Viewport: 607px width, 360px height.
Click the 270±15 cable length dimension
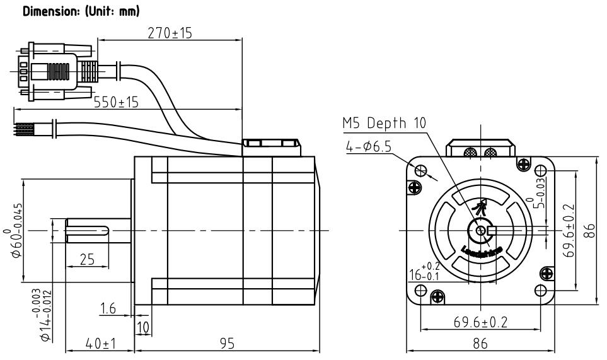click(x=170, y=33)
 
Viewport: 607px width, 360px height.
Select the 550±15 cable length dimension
click(x=117, y=102)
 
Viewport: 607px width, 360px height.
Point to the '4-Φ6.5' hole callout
click(x=369, y=146)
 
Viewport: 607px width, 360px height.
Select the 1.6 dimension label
click(x=108, y=308)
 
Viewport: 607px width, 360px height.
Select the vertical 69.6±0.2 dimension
click(x=570, y=230)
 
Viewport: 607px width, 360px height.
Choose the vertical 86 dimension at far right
click(x=591, y=230)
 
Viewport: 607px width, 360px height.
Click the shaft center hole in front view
click(x=482, y=231)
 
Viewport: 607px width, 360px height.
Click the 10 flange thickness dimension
click(x=143, y=327)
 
